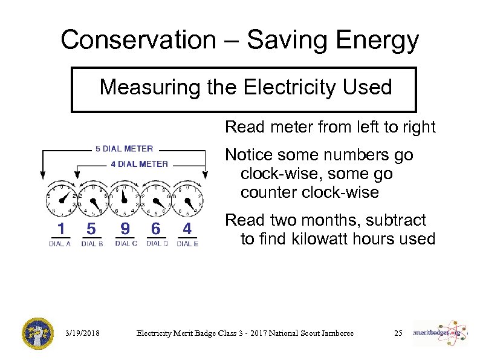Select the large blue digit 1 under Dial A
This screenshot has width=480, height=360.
[60, 229]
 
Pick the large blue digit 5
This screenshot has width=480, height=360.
[91, 229]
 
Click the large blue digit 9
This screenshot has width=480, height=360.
[125, 229]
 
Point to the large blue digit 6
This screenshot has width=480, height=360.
[156, 229]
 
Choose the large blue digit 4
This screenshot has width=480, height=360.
[187, 229]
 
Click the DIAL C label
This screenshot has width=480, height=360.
[126, 243]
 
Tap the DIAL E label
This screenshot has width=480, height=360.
[187, 244]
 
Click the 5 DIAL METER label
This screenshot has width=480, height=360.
[124, 149]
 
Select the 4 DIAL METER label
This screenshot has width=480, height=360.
[139, 163]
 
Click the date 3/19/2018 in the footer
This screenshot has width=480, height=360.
[82, 333]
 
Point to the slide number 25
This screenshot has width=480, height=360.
[398, 333]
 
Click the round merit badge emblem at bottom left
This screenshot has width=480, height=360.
[38, 333]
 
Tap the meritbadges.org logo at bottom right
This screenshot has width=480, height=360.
[440, 333]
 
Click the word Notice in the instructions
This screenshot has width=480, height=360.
[248, 155]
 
